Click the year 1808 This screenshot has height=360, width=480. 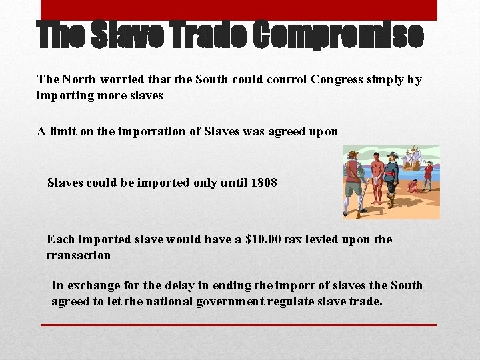point(264,182)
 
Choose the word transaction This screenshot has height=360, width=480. point(79,255)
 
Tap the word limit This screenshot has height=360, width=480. point(61,131)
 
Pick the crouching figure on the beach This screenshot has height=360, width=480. point(414,187)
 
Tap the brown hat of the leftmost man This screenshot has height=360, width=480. point(353,155)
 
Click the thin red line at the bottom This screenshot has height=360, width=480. point(239,325)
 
